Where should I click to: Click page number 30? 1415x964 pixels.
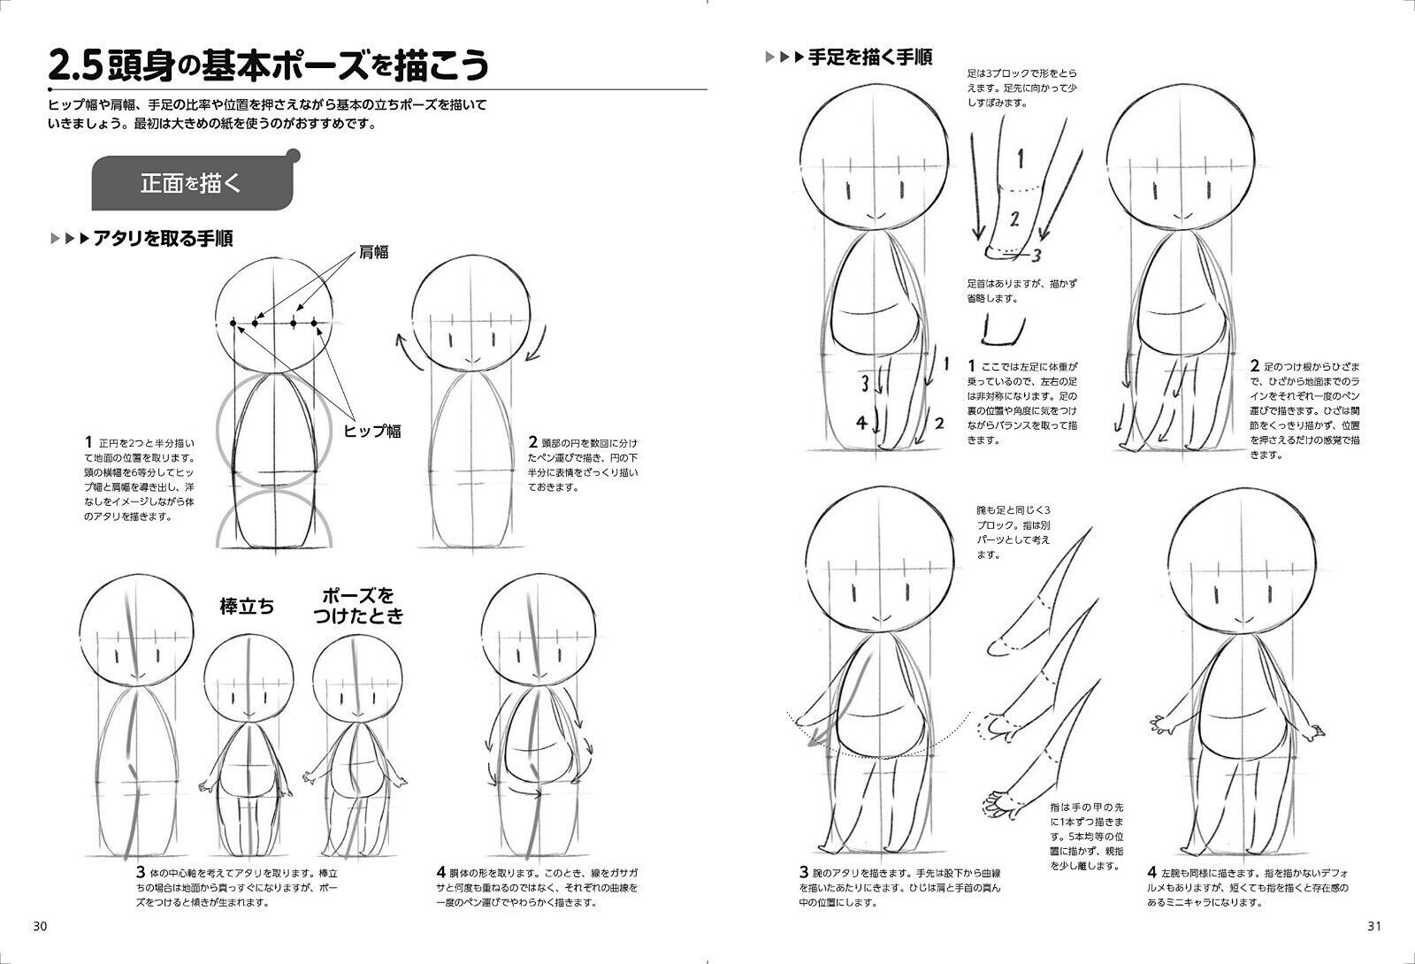point(40,926)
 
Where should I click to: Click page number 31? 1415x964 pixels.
point(1373,926)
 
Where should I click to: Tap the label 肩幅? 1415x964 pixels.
point(373,252)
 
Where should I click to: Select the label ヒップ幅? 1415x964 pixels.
point(372,431)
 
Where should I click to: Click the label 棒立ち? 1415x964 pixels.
point(247,607)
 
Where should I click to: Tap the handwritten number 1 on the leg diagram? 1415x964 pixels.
point(1020,159)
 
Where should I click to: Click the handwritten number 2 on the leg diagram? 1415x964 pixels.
point(1015,218)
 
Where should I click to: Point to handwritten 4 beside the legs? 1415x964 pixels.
point(863,422)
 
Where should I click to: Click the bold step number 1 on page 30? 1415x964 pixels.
point(88,440)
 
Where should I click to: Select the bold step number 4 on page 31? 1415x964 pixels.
point(1152,869)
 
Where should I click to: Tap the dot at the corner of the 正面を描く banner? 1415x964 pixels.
point(294,157)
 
